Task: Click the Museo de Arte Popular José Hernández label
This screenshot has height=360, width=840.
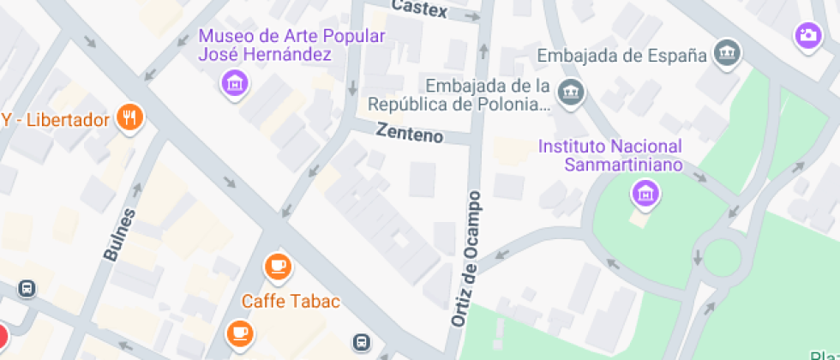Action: pyautogui.click(x=291, y=45)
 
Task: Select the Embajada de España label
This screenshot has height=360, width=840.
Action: pyautogui.click(x=621, y=56)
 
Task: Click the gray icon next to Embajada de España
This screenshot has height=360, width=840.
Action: pyautogui.click(x=727, y=52)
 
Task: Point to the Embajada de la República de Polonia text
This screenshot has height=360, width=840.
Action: pyautogui.click(x=459, y=95)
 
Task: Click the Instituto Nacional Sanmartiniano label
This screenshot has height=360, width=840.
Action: pyautogui.click(x=609, y=155)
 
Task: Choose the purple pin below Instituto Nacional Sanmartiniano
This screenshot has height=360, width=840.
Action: pyautogui.click(x=645, y=193)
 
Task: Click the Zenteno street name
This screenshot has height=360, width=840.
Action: pyautogui.click(x=410, y=135)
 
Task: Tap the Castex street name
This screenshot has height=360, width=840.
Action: pyautogui.click(x=420, y=9)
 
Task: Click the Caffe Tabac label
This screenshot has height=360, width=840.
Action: pyautogui.click(x=291, y=301)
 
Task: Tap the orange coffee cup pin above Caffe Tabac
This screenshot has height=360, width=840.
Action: pyautogui.click(x=277, y=267)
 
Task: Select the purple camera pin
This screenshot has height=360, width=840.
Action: pyautogui.click(x=807, y=35)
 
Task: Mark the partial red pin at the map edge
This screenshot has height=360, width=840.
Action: pyautogui.click(x=3, y=337)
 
